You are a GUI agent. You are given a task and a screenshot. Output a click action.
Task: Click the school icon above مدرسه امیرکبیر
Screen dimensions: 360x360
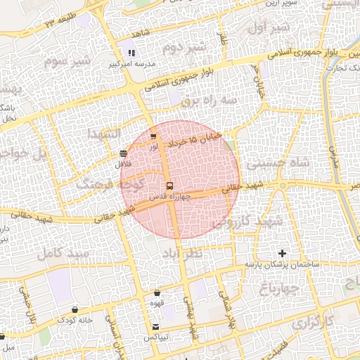(x=131, y=52)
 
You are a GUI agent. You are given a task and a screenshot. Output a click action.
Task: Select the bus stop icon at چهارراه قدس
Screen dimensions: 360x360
(x=169, y=186)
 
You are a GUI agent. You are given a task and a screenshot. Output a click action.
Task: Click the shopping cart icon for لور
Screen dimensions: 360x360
(x=153, y=136)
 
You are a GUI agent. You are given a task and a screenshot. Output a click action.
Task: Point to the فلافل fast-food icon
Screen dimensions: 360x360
(x=124, y=153)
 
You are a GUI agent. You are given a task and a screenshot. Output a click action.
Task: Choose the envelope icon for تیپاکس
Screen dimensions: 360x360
(x=155, y=327)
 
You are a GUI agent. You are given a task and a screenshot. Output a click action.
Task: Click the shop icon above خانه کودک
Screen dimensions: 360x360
(x=75, y=309)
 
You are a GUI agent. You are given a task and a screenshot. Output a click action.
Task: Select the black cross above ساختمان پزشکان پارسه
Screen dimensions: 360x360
(x=283, y=253)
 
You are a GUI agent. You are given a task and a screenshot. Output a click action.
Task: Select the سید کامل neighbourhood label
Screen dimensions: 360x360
(x=65, y=252)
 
